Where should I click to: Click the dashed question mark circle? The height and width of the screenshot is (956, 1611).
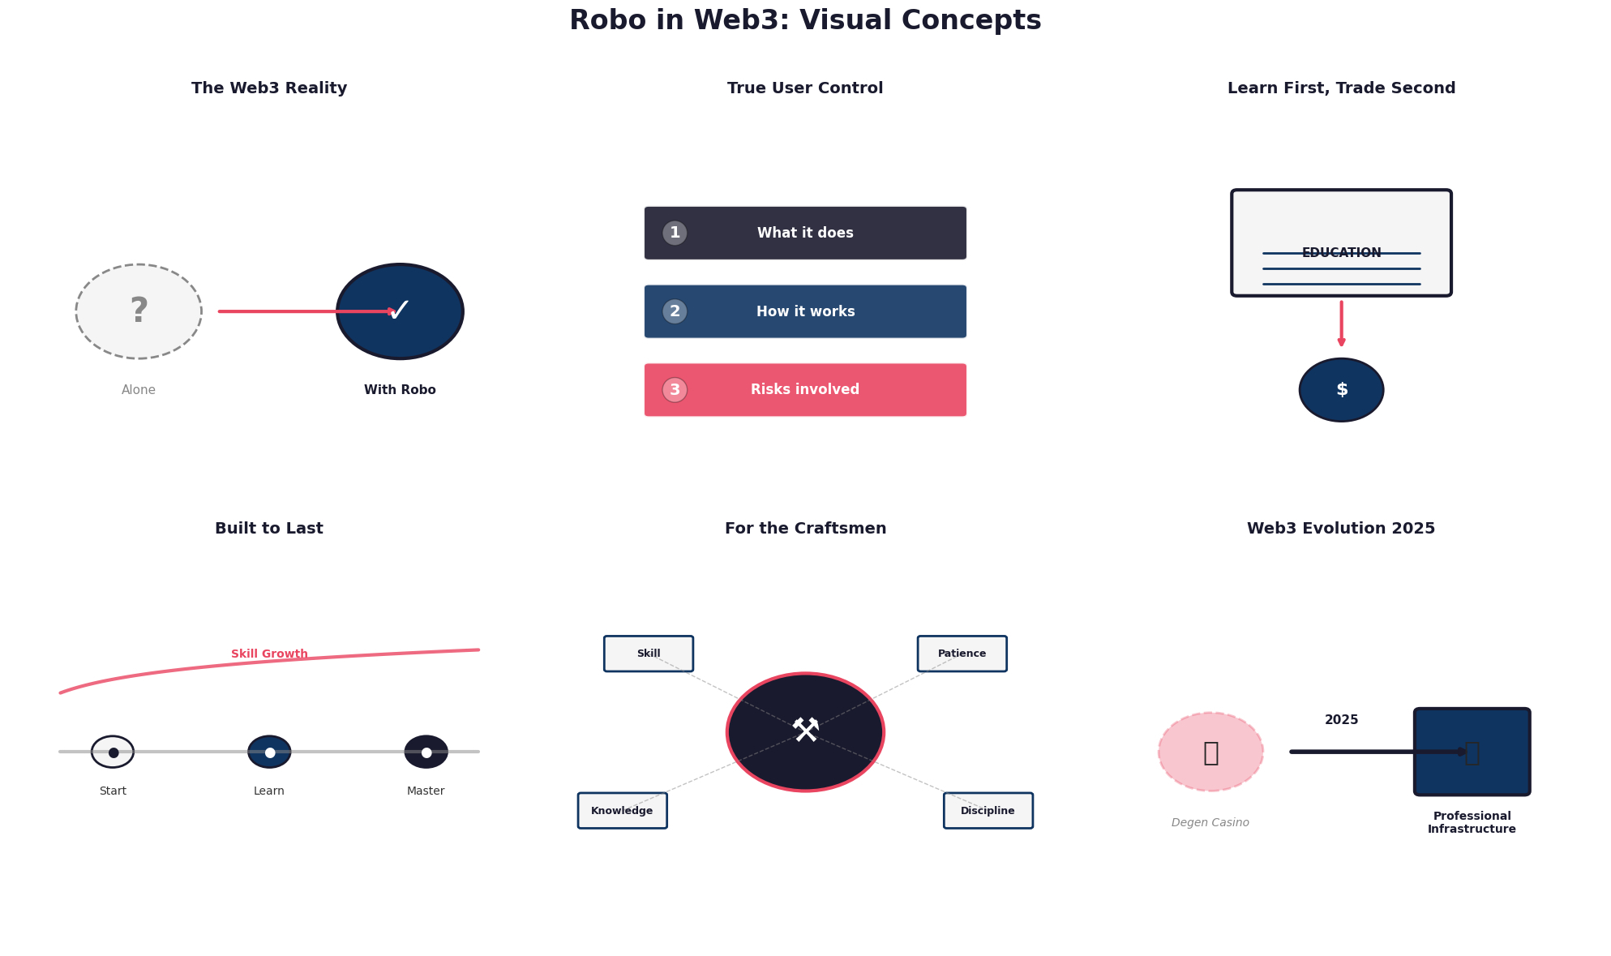coord(139,311)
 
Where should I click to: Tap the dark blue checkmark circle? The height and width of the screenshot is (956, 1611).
coord(400,311)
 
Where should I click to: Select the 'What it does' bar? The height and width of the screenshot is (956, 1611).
coord(805,233)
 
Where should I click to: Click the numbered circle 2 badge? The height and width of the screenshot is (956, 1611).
coord(675,311)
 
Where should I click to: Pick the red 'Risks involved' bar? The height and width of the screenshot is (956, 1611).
coord(805,390)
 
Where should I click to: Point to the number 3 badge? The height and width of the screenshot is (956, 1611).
coord(675,390)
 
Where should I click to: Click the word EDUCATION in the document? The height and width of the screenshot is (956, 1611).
coord(1341,253)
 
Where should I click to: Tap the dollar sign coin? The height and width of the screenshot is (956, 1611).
coord(1341,390)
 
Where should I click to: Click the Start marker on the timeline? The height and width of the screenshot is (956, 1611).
coord(113,752)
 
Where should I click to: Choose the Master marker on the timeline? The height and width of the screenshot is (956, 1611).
coord(426,752)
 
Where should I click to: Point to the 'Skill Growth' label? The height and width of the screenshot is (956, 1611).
coord(269,654)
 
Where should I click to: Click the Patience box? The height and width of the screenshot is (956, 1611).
coord(962,654)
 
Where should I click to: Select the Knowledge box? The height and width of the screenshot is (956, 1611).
coord(622,811)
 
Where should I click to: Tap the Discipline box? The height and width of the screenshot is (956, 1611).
coord(988,811)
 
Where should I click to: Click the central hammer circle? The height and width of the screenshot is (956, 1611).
coord(805,732)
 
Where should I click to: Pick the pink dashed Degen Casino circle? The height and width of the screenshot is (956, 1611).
coord(1210,752)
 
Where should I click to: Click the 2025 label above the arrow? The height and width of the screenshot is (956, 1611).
coord(1341,720)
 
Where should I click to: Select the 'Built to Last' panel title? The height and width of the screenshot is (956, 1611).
coord(269,529)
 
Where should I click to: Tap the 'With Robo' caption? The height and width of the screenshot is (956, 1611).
coord(400,390)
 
